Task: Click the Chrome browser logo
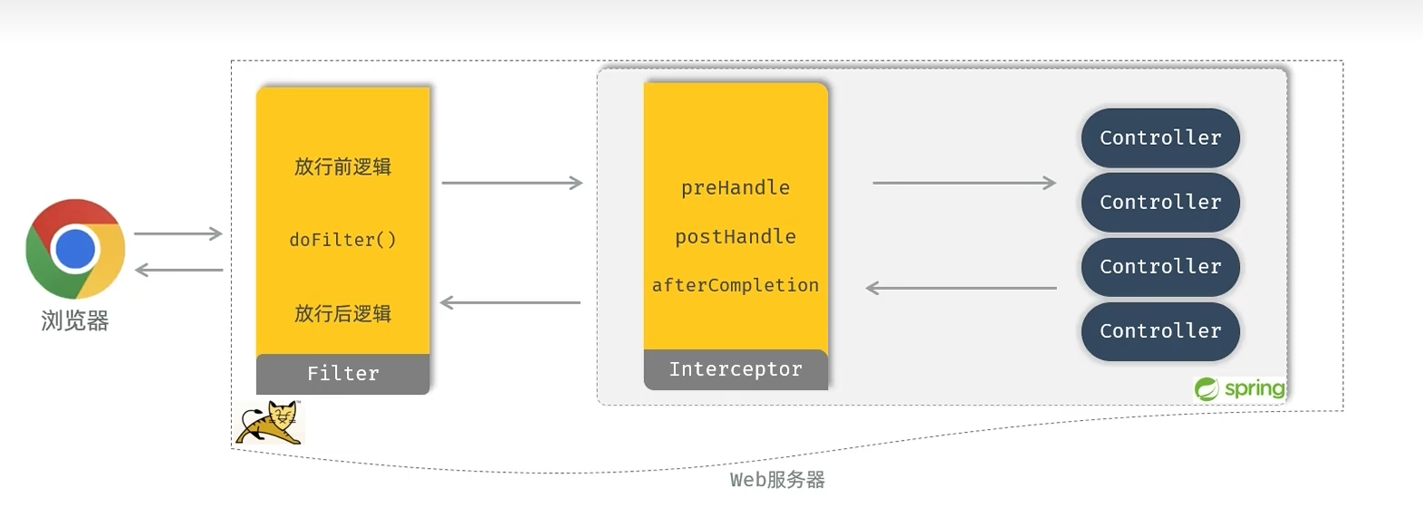tap(75, 249)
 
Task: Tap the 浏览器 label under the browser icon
tap(75, 320)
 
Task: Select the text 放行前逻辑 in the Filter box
tap(342, 167)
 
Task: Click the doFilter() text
tap(342, 240)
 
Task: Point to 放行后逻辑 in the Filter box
tap(342, 313)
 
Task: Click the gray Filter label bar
tap(342, 373)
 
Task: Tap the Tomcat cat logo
tap(269, 423)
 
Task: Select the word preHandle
tap(736, 187)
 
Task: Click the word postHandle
tap(736, 236)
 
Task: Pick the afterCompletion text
tap(736, 285)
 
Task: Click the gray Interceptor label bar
tap(736, 369)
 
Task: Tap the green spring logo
tap(1240, 388)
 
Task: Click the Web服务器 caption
tap(777, 480)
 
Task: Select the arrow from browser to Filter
tap(178, 234)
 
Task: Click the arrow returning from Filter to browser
tap(178, 270)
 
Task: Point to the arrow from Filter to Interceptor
tap(512, 183)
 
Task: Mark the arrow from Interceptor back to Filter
tap(511, 302)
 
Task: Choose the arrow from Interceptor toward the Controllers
tap(965, 183)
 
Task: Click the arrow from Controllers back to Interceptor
tap(961, 288)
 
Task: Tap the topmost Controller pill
tap(1160, 138)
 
